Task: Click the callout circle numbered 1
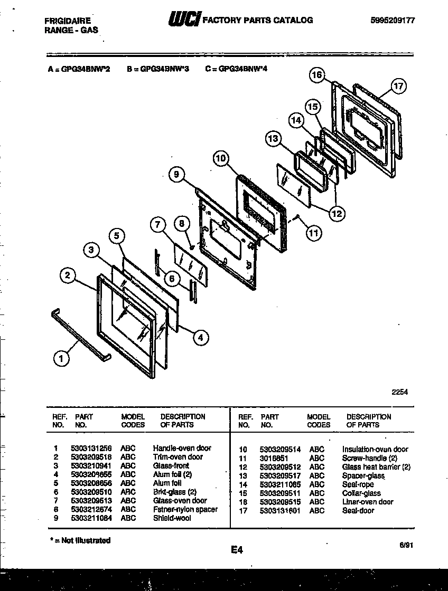(x=61, y=359)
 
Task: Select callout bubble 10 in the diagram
(x=221, y=157)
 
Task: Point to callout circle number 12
(x=336, y=214)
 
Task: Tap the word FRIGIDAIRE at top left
(x=67, y=21)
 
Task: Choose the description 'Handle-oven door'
(x=182, y=448)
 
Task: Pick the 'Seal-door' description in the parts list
(x=358, y=510)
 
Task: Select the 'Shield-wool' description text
(x=172, y=518)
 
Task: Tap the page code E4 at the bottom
(x=236, y=550)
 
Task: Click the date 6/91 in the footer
(x=406, y=547)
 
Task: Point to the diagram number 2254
(x=399, y=392)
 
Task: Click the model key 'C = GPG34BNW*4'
(x=236, y=69)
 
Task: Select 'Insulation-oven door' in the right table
(x=375, y=450)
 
